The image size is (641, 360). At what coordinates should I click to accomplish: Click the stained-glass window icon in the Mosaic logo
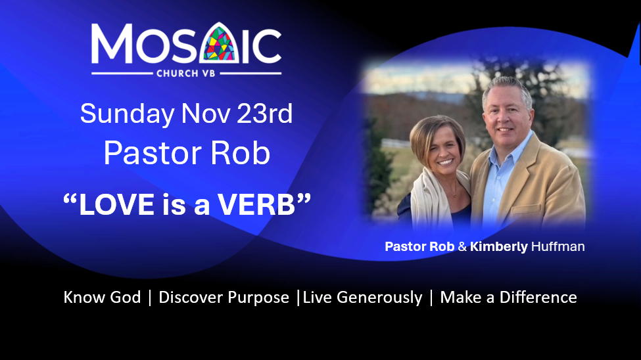(219, 43)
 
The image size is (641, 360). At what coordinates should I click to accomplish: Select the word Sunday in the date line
(127, 114)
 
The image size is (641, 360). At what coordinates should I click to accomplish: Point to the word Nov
(206, 114)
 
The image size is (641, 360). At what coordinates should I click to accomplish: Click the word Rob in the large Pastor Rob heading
(240, 154)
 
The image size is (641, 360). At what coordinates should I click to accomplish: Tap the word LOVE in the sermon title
(116, 205)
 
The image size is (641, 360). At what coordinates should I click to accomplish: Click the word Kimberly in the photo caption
(499, 247)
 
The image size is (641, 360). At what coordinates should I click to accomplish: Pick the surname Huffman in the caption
(558, 246)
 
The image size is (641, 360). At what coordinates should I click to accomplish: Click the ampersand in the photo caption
(462, 246)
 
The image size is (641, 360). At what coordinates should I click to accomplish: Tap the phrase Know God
(102, 297)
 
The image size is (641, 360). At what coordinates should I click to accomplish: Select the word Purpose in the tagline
(258, 298)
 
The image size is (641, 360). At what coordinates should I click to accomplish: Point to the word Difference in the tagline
(538, 297)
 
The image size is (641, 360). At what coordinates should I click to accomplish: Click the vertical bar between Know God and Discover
(150, 298)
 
